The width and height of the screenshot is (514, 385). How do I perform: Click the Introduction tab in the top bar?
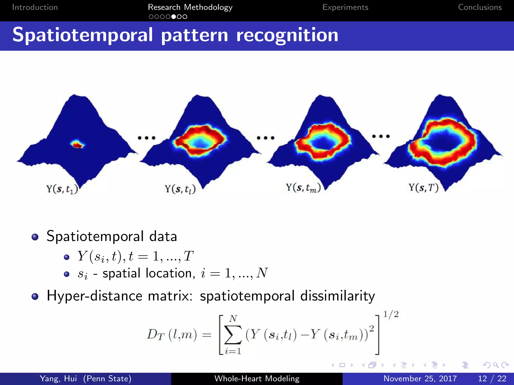coord(35,7)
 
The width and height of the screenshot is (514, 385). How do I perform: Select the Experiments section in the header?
coord(345,7)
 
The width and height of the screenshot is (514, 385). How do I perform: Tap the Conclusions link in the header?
coord(480,7)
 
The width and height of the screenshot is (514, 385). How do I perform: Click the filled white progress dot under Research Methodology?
coord(173,17)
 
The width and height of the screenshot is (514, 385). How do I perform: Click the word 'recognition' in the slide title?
coord(287,35)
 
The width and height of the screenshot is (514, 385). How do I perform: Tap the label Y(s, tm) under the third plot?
coord(303,188)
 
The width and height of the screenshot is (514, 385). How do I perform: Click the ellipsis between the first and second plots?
coord(147,138)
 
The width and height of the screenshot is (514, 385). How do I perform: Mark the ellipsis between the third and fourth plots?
coord(381,136)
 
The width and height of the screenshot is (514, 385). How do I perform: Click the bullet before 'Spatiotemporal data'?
coord(35,237)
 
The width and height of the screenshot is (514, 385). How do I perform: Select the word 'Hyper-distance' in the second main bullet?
coord(94,296)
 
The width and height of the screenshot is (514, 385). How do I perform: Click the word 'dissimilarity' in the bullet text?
coord(337,296)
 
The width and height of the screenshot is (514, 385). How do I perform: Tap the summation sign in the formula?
coord(233,335)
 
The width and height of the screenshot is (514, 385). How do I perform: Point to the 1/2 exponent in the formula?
coord(391,314)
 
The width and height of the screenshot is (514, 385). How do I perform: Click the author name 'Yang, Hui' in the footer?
coord(58,378)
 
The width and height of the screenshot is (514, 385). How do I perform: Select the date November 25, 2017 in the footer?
coord(420,378)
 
